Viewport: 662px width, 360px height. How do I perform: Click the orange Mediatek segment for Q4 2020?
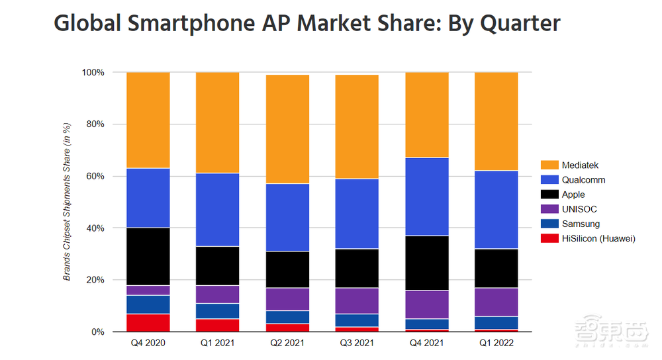[x=148, y=120]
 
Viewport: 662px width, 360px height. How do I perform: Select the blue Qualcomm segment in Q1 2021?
[x=217, y=209]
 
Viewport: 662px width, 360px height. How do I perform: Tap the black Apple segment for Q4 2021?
[x=426, y=263]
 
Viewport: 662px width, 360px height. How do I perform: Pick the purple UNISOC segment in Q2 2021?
[x=287, y=299]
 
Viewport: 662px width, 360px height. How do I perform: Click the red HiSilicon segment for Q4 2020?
[x=148, y=322]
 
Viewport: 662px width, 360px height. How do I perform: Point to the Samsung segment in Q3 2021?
[x=357, y=320]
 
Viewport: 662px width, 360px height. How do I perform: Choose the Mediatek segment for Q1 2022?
[x=496, y=121]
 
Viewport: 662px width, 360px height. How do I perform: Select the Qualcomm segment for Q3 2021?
[x=357, y=214]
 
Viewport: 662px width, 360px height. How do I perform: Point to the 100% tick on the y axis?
[x=93, y=72]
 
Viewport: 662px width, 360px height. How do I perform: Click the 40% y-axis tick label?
[x=95, y=228]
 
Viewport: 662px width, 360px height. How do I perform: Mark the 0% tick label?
[x=97, y=332]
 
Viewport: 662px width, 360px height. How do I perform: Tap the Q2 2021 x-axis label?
[x=287, y=343]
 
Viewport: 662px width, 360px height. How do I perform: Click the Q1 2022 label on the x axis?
[x=496, y=343]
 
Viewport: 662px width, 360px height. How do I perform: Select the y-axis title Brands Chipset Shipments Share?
[x=67, y=202]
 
